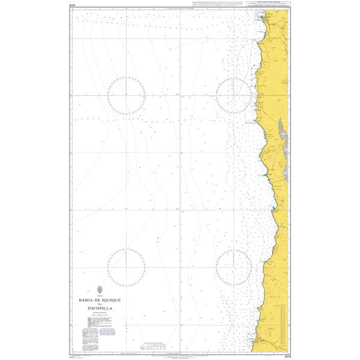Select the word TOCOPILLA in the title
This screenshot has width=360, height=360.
click(x=99, y=308)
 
